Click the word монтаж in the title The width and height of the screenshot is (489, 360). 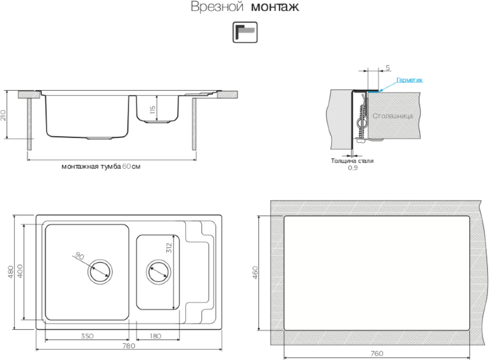pyautogui.click(x=275, y=8)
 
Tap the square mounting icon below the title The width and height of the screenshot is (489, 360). pyautogui.click(x=244, y=33)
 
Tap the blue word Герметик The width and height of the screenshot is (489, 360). pyautogui.click(x=409, y=80)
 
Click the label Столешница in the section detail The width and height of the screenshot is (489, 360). pyautogui.click(x=392, y=116)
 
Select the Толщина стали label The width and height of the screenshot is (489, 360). pyautogui.click(x=352, y=160)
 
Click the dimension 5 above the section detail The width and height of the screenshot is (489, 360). pyautogui.click(x=388, y=67)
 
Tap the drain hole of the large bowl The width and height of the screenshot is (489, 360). pyautogui.click(x=100, y=269)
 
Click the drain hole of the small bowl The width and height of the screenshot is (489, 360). pyautogui.click(x=157, y=270)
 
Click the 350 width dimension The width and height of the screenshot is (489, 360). pyautogui.click(x=88, y=336)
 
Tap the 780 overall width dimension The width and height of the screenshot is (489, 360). pyautogui.click(x=128, y=347)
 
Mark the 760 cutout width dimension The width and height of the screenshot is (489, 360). pyautogui.click(x=377, y=353)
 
